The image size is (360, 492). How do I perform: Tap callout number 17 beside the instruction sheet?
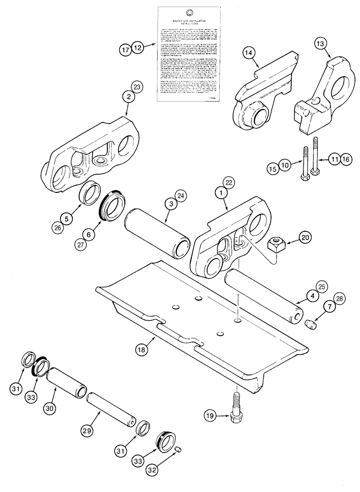(125, 48)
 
